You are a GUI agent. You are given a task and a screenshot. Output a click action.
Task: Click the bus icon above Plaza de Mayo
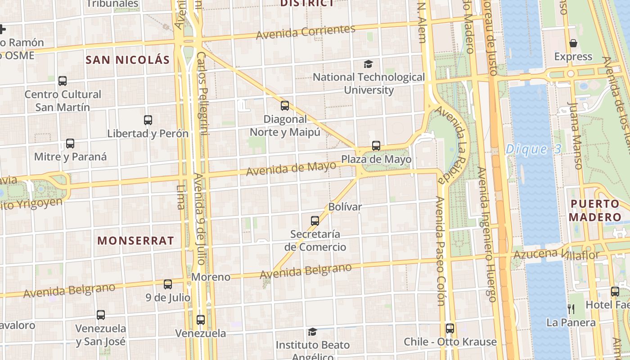[376, 146]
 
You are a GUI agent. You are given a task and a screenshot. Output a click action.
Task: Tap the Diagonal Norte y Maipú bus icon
[284, 106]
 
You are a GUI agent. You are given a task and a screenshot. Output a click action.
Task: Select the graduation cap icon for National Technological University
[369, 64]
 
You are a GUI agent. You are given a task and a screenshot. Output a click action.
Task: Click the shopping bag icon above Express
[573, 43]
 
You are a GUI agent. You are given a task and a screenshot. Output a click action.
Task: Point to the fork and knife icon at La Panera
[571, 309]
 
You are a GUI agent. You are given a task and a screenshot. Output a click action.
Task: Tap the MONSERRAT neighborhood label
[135, 240]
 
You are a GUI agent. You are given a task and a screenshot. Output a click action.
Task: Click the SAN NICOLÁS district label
[128, 60]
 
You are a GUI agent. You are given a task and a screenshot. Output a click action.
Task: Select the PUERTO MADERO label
[595, 210]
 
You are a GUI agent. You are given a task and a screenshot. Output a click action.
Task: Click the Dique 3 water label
[534, 149]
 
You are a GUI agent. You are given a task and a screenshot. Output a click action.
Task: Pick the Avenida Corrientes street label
[306, 32]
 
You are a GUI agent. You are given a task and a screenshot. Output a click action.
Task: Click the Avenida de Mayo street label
[291, 169]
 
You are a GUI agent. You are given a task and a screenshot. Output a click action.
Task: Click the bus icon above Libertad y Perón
[148, 120]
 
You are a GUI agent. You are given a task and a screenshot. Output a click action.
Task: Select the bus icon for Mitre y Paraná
[70, 144]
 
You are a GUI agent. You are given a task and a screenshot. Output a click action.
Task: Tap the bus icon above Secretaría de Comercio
[315, 221]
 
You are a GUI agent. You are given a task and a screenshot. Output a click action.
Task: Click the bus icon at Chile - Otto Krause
[450, 328]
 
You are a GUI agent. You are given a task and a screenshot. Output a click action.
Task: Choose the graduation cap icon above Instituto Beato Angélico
[312, 332]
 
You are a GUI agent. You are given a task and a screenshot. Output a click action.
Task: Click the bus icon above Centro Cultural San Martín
[63, 81]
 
